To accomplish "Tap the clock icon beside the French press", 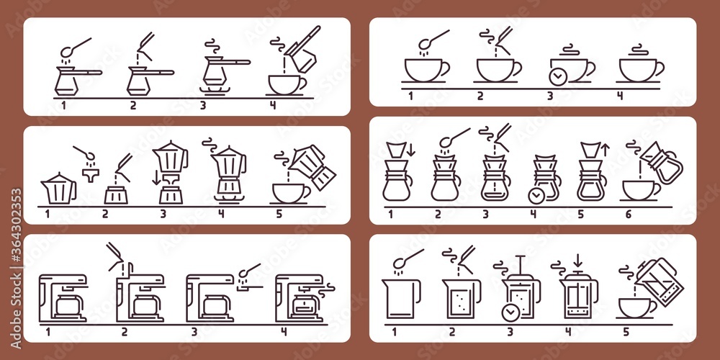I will point(510,312).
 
